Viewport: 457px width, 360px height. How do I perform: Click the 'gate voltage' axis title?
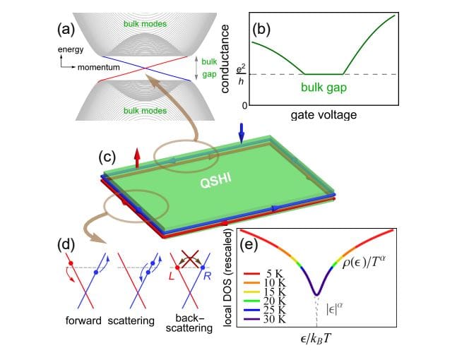point(323,115)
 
